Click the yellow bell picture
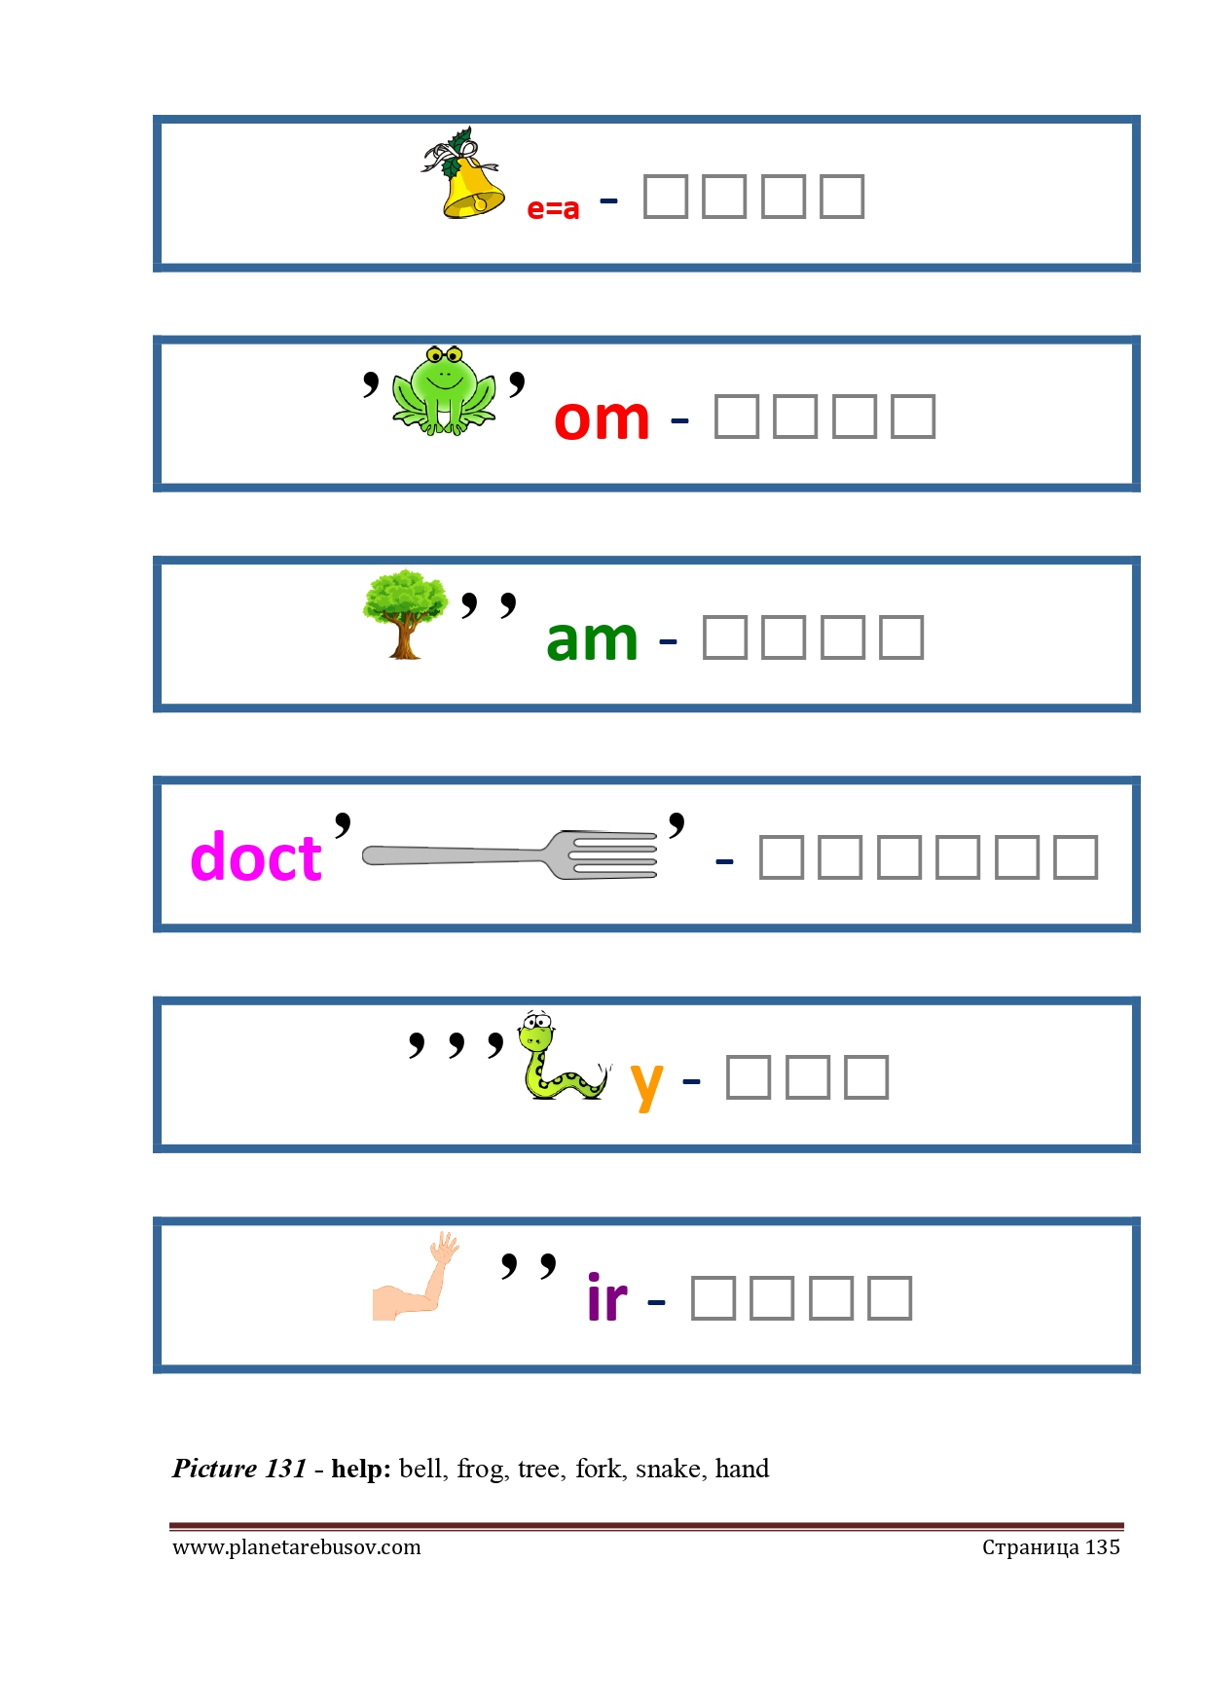(468, 180)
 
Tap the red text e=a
(553, 208)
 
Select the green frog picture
(444, 390)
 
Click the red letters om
(602, 419)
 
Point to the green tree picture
(405, 613)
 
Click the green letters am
(592, 639)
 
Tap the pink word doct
(256, 857)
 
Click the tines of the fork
(613, 855)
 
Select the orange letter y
(646, 1083)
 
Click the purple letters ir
(607, 1298)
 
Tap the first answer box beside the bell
(666, 197)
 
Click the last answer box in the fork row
(1076, 857)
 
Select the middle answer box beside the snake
(808, 1077)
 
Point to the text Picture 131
(239, 1469)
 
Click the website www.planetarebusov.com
(297, 1547)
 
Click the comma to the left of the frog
(371, 382)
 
